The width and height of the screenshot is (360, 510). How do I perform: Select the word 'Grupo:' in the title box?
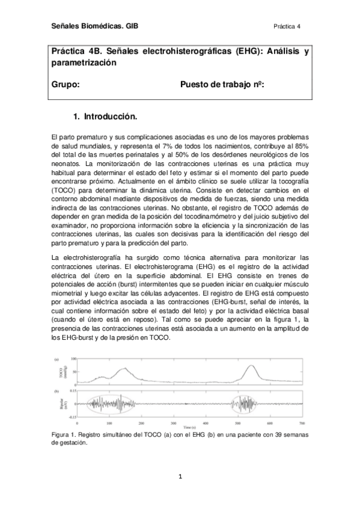pos(66,85)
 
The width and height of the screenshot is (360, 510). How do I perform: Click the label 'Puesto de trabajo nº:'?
pos(222,85)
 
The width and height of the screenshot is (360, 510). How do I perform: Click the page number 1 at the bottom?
pos(180,478)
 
